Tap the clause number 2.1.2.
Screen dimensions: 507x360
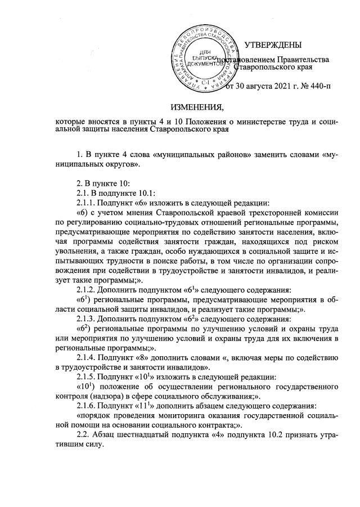85,290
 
